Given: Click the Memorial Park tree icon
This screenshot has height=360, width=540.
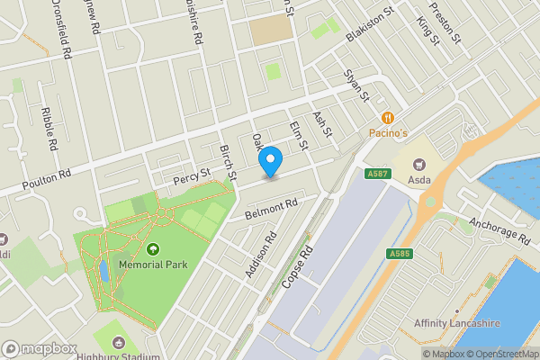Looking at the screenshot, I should [x=153, y=249].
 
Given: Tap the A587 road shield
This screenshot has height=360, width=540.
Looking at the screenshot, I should [x=376, y=174].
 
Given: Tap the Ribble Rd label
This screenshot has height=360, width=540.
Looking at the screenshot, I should [x=49, y=129].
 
